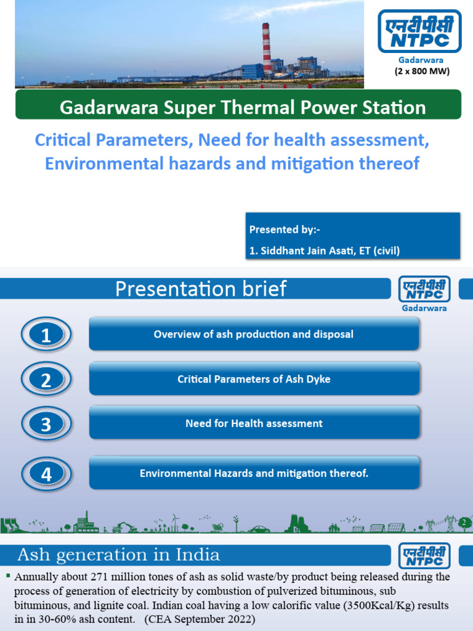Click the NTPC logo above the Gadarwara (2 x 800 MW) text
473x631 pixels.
point(419,31)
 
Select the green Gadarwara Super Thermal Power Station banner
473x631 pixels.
point(238,107)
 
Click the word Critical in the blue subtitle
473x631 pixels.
point(60,140)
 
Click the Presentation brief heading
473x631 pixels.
point(201,289)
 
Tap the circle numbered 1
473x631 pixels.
point(46,336)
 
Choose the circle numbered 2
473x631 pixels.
point(46,380)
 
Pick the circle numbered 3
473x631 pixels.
point(46,425)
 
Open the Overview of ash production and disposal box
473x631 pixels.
point(254,335)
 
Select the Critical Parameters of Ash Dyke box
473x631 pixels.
point(254,379)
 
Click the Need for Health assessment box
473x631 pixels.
point(254,423)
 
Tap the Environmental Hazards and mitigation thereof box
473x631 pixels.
point(254,473)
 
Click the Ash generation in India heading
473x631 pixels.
point(118,555)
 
